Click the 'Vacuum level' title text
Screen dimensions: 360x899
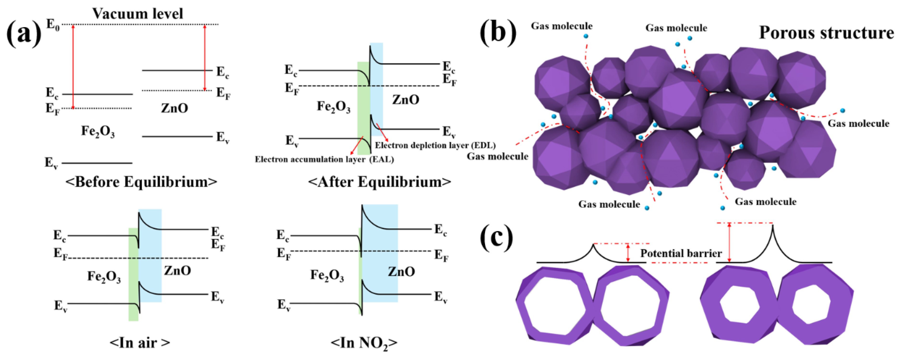138,14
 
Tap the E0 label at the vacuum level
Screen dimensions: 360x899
53,24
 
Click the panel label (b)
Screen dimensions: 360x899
498,34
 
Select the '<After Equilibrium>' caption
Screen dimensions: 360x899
379,182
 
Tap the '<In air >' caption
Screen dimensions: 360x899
140,342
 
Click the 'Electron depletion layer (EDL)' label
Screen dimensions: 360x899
435,145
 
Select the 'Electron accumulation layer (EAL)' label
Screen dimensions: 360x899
324,159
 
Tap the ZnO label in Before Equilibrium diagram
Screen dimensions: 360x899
174,108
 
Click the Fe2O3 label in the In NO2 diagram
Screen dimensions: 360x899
327,275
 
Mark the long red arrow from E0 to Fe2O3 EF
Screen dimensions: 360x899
73,66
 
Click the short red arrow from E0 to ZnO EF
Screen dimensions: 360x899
205,58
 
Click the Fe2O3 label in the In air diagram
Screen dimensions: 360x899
104,277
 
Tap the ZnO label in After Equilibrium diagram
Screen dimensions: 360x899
406,100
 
